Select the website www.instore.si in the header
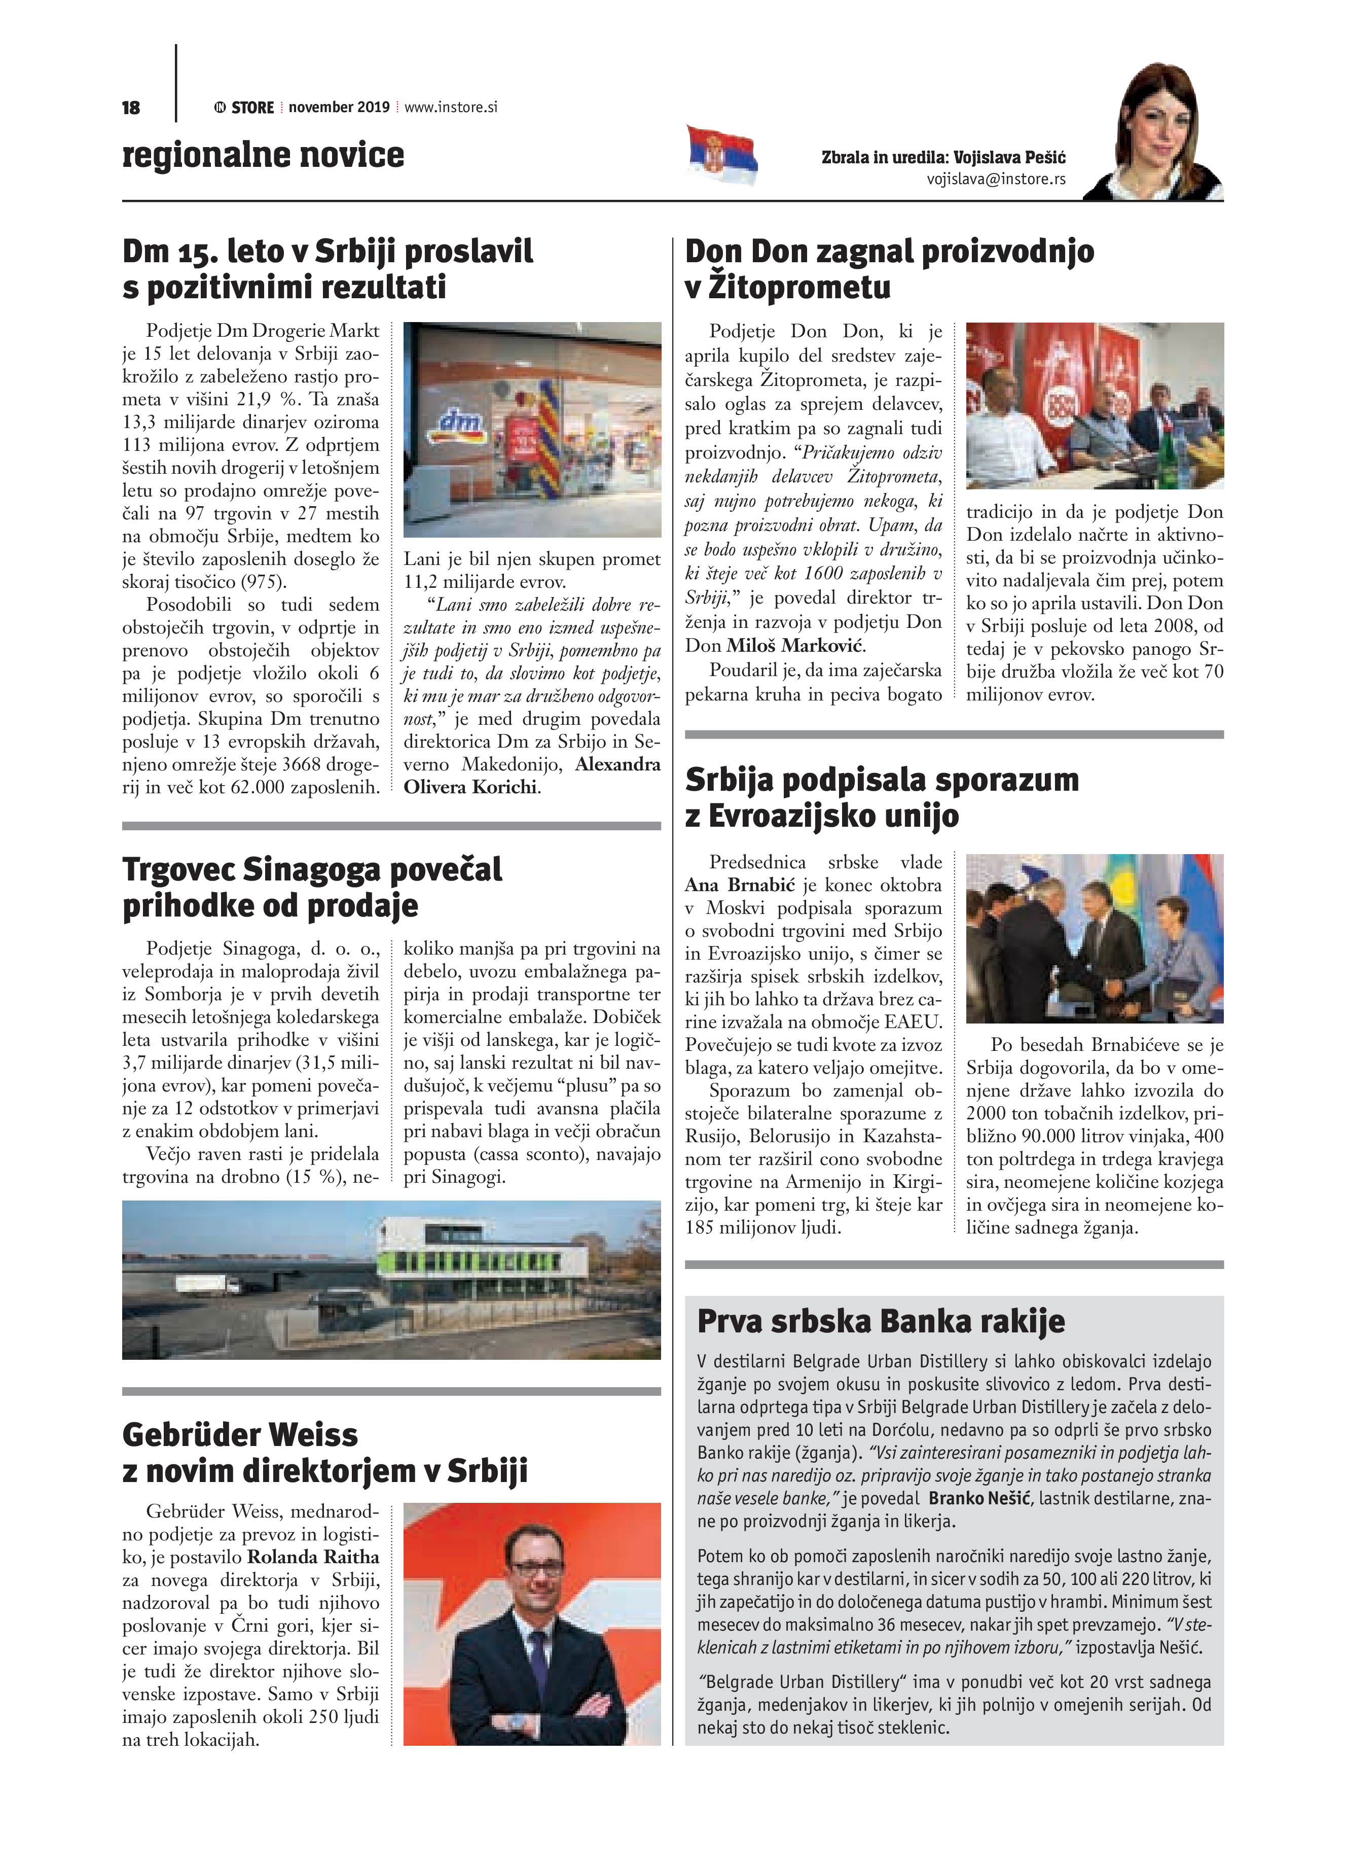[451, 107]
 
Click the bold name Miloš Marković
[795, 646]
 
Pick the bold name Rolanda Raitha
[313, 1557]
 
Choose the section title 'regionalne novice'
[264, 155]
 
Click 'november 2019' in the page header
[339, 107]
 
